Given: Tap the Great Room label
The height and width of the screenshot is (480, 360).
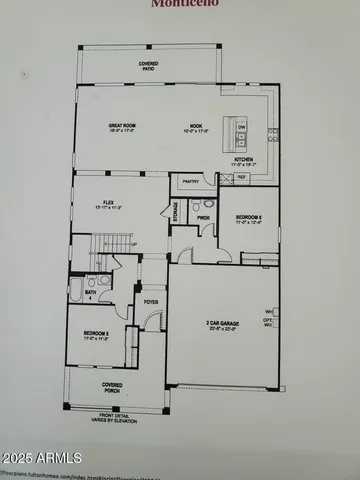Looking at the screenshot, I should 123,127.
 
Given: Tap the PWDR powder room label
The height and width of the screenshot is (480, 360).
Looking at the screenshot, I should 203,217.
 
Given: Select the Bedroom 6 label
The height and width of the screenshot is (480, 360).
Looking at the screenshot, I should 249,218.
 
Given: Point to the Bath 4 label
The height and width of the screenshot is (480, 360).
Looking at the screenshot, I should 91,293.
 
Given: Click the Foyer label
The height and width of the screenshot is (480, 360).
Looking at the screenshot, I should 151,300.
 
